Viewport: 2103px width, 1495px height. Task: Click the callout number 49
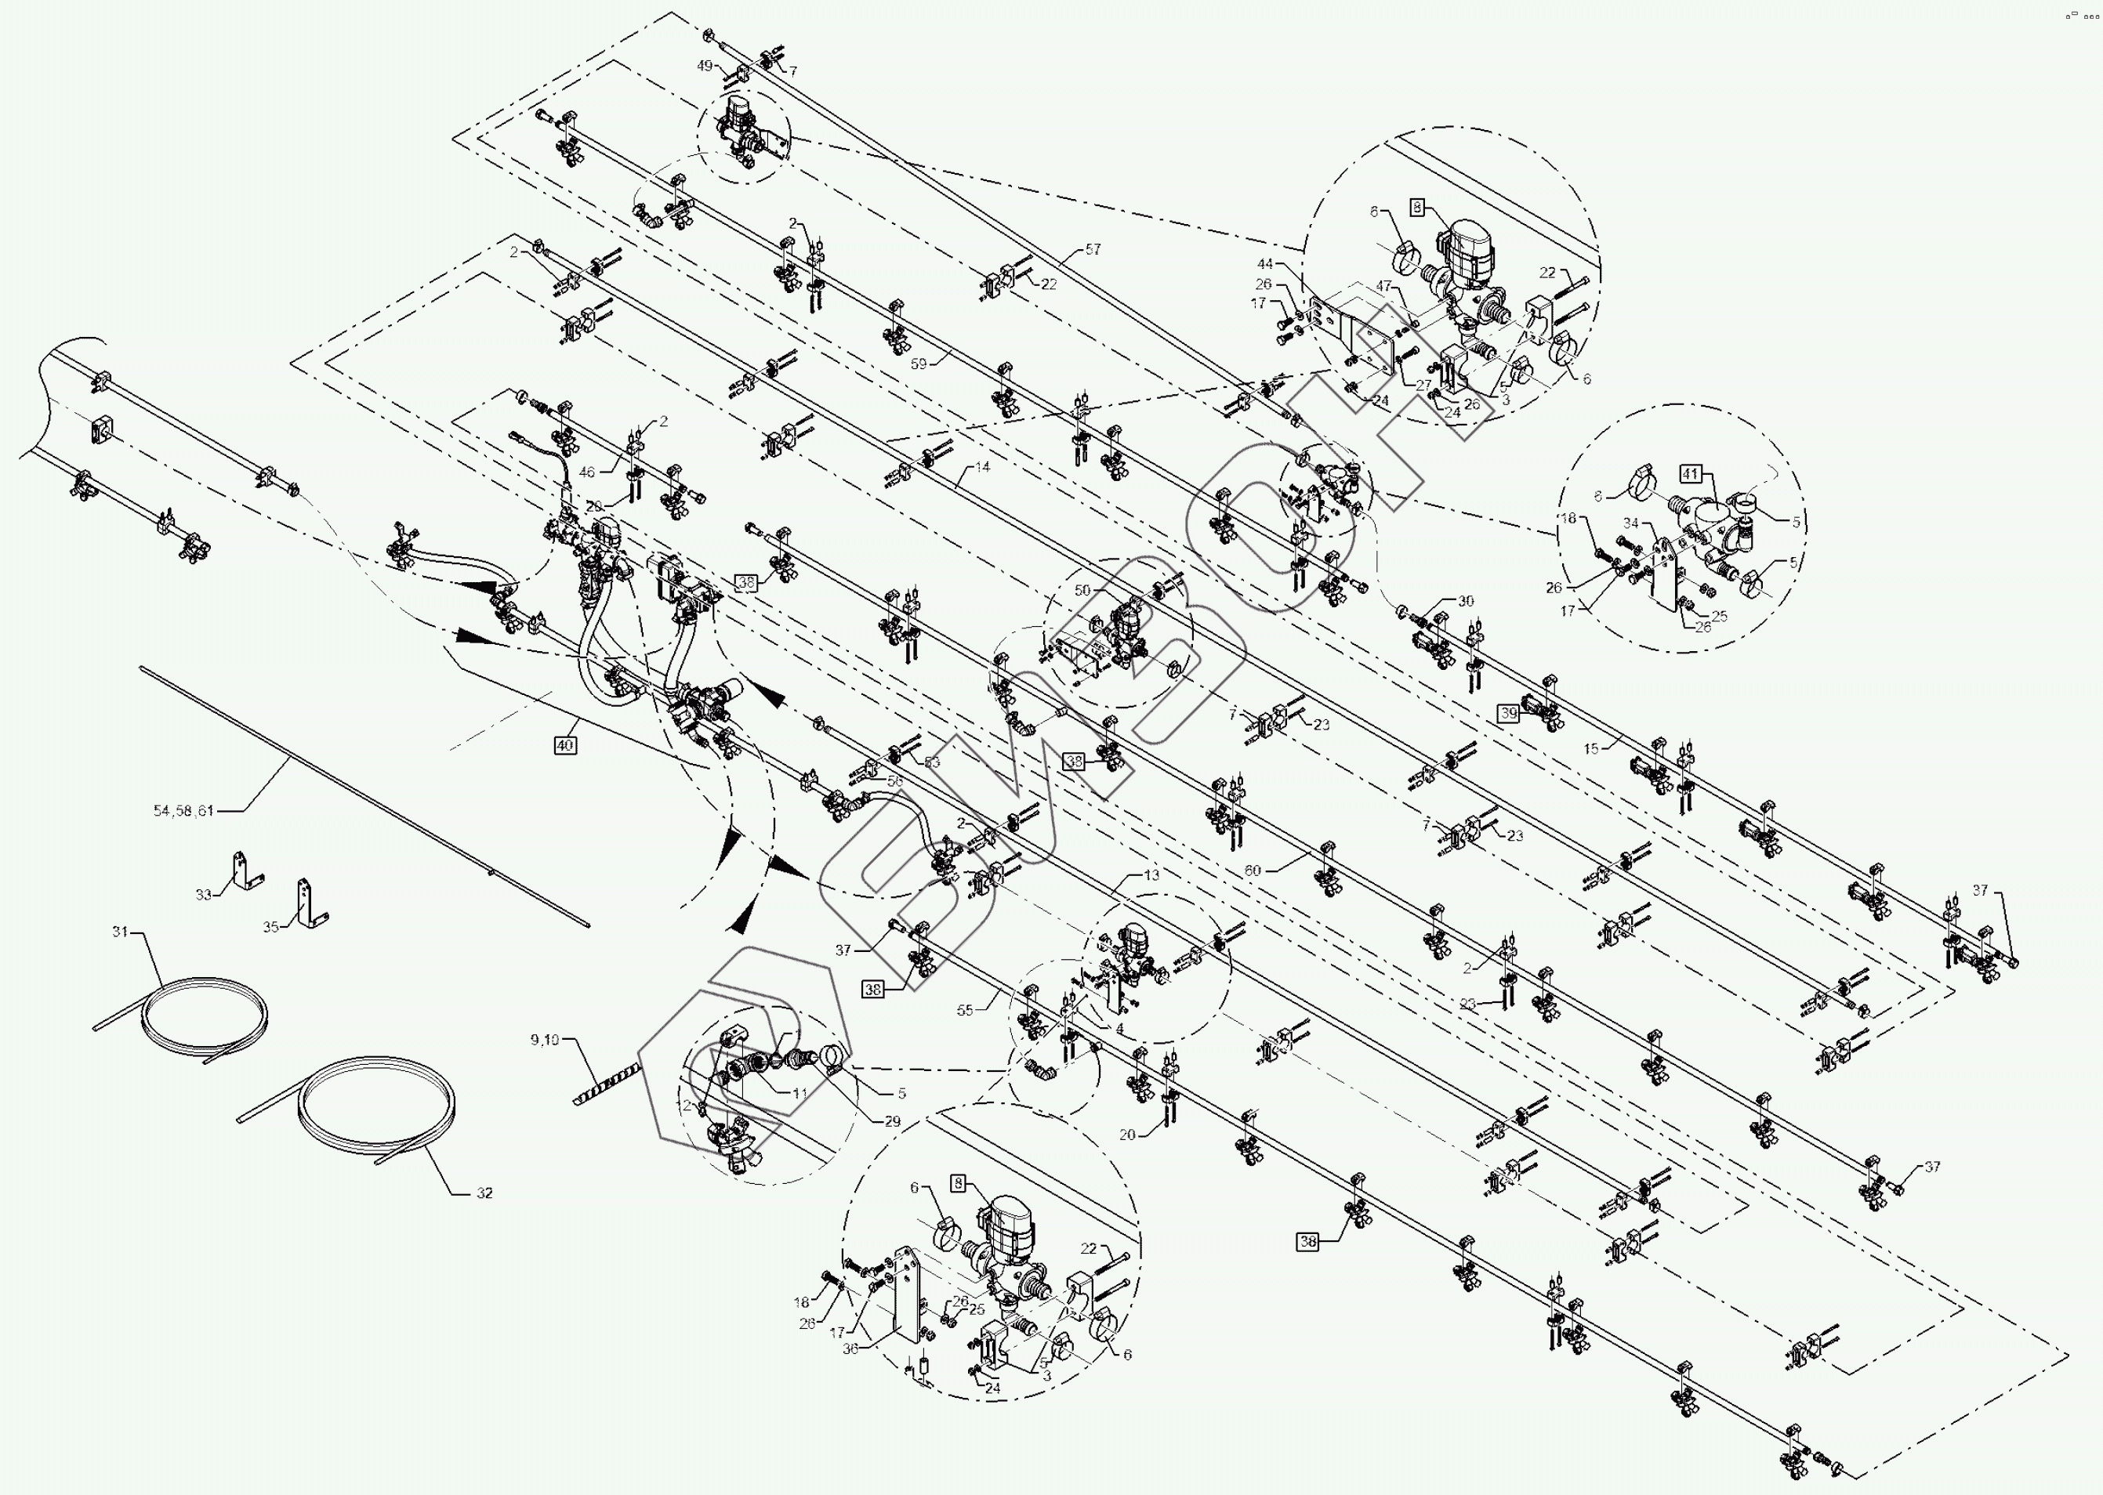[705, 67]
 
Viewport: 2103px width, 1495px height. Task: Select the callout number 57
[1093, 249]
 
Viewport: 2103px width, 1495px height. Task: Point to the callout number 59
[919, 364]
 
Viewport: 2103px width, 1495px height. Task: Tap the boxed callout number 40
[565, 746]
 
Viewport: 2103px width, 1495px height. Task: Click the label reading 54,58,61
[183, 811]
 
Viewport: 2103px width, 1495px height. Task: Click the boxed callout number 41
[1691, 474]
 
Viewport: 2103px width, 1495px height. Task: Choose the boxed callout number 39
[1508, 714]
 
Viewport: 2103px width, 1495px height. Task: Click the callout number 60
[1253, 870]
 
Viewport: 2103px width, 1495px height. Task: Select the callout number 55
[965, 1010]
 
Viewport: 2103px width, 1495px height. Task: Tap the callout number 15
[1591, 748]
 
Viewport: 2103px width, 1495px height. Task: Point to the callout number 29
[892, 1121]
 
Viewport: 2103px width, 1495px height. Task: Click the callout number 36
[850, 1348]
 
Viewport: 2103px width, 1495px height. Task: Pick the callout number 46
[587, 472]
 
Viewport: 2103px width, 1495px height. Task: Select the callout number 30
[1466, 601]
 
